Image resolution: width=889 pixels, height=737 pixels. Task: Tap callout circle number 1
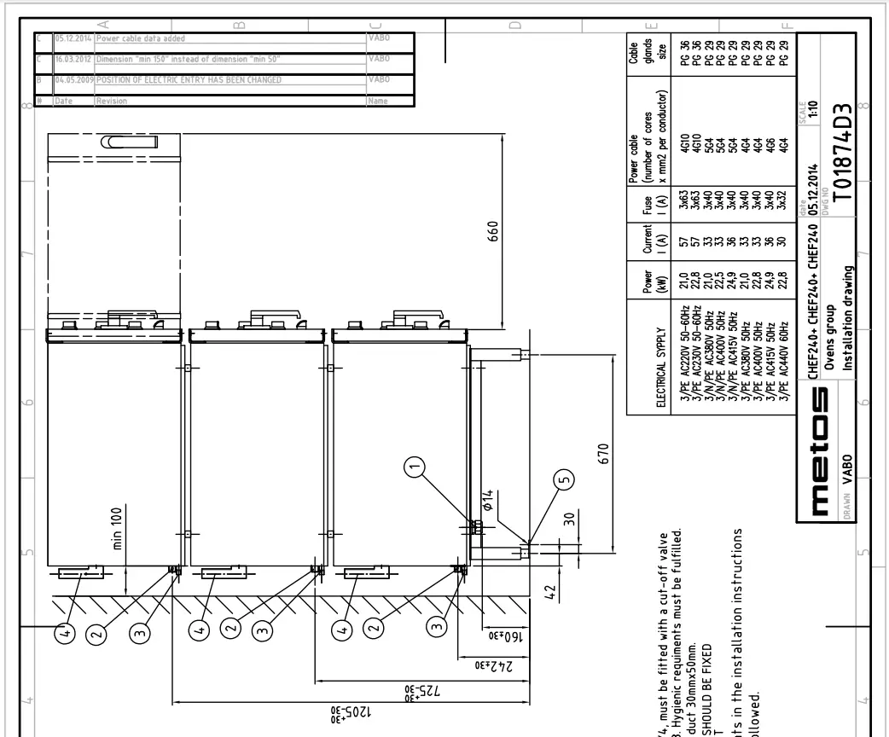415,465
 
